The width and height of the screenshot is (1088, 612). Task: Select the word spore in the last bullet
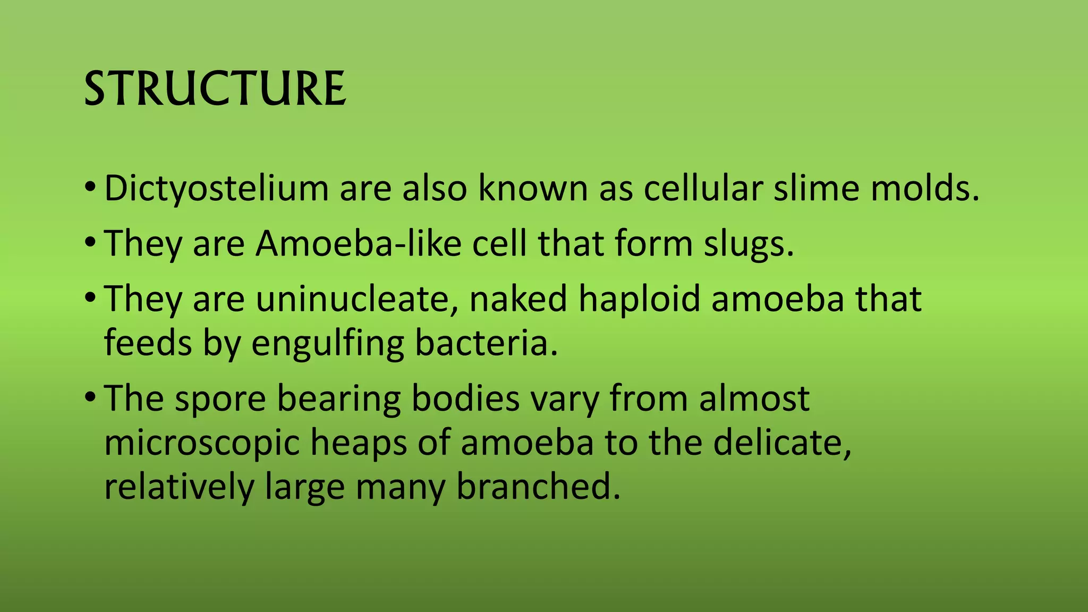220,399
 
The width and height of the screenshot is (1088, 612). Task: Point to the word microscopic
202,443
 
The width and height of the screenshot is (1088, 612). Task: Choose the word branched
538,486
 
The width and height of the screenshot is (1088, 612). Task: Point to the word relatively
179,487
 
